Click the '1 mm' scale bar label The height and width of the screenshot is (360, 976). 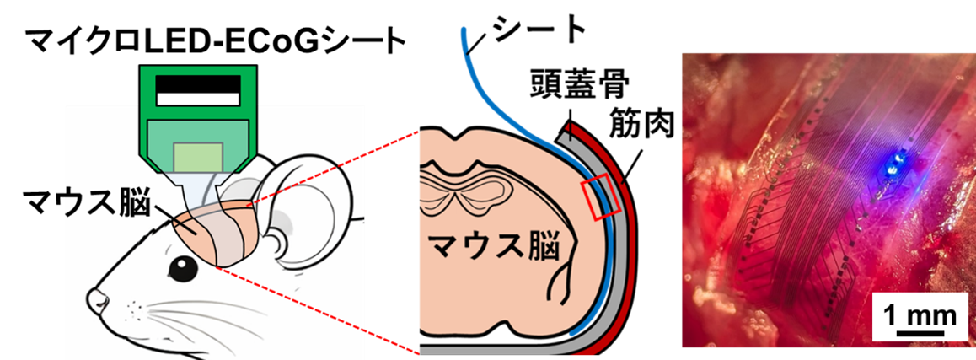click(x=919, y=316)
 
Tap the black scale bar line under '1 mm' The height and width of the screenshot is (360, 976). click(x=919, y=334)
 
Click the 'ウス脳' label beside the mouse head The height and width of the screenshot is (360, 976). click(x=106, y=206)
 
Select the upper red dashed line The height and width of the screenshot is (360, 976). click(x=337, y=165)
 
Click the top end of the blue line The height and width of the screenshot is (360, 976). click(x=464, y=31)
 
